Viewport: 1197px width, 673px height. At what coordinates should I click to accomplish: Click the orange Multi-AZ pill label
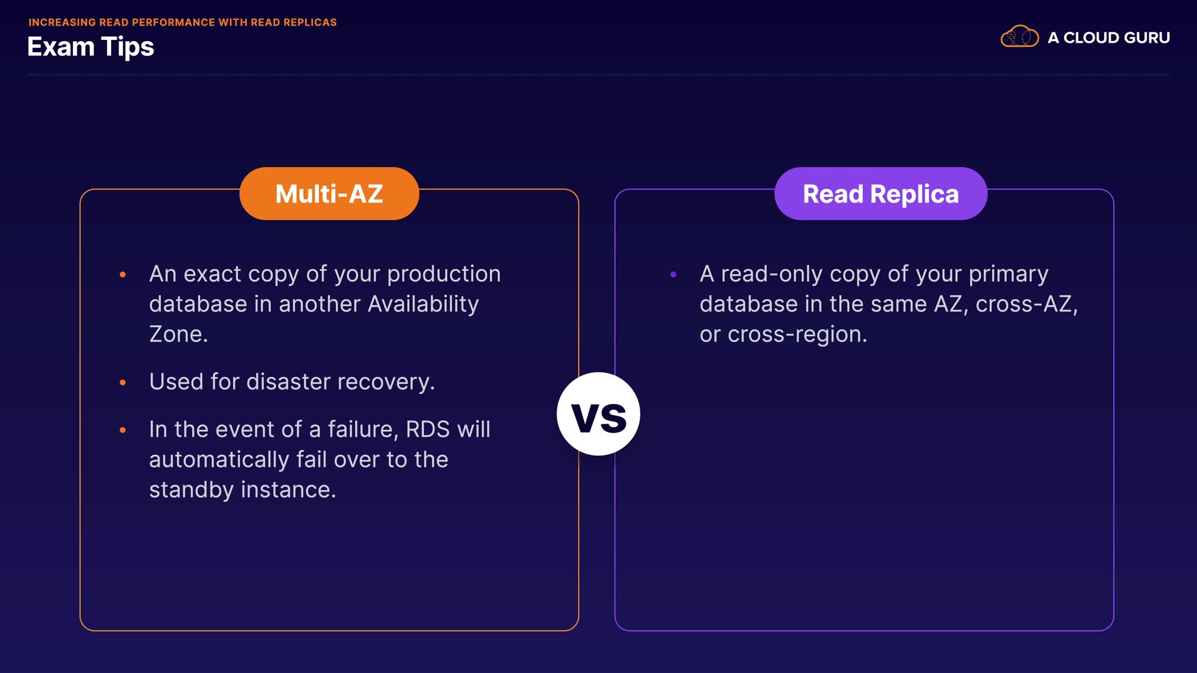329,193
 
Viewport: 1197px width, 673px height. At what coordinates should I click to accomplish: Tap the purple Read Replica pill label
880,193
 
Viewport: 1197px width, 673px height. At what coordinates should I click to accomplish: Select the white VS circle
598,414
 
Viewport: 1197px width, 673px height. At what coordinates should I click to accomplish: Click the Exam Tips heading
90,47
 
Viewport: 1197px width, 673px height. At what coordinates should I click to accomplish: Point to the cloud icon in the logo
1019,37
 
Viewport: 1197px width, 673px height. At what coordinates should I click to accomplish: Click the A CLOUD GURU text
1108,37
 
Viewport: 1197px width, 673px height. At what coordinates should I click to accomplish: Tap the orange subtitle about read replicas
183,22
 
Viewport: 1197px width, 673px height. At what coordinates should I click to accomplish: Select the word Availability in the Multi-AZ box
423,304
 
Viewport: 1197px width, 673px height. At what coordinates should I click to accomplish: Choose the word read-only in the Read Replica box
772,274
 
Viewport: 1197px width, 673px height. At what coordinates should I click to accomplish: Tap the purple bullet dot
673,274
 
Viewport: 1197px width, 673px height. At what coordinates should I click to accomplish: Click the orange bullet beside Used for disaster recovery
123,382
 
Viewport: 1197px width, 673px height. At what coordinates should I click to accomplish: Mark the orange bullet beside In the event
123,430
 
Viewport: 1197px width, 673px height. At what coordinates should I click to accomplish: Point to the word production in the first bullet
444,274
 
